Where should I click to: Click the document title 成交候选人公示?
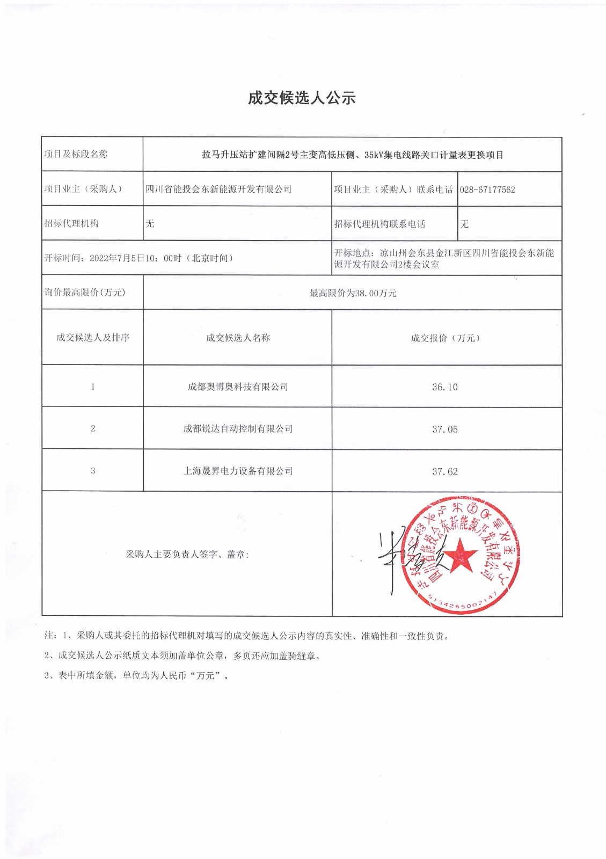pos(302,98)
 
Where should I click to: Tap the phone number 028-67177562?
pos(487,190)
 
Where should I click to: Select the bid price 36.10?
pos(445,387)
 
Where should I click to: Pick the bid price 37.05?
pos(445,429)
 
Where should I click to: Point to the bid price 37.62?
pos(445,472)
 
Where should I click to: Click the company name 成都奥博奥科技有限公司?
pos(238,387)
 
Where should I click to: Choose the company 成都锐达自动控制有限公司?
pos(238,429)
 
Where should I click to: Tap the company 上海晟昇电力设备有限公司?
pos(238,471)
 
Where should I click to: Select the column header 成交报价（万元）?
pos(445,338)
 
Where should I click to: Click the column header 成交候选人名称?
pos(238,338)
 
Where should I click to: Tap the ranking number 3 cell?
pos(93,471)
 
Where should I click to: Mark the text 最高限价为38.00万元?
pos(353,293)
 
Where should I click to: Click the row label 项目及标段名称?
pos(76,155)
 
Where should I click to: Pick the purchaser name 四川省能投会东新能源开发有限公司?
pos(219,190)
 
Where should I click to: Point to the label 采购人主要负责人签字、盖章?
pos(187,555)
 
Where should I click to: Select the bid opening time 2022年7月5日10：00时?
pos(135,258)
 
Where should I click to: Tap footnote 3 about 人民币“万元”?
pos(137,676)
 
